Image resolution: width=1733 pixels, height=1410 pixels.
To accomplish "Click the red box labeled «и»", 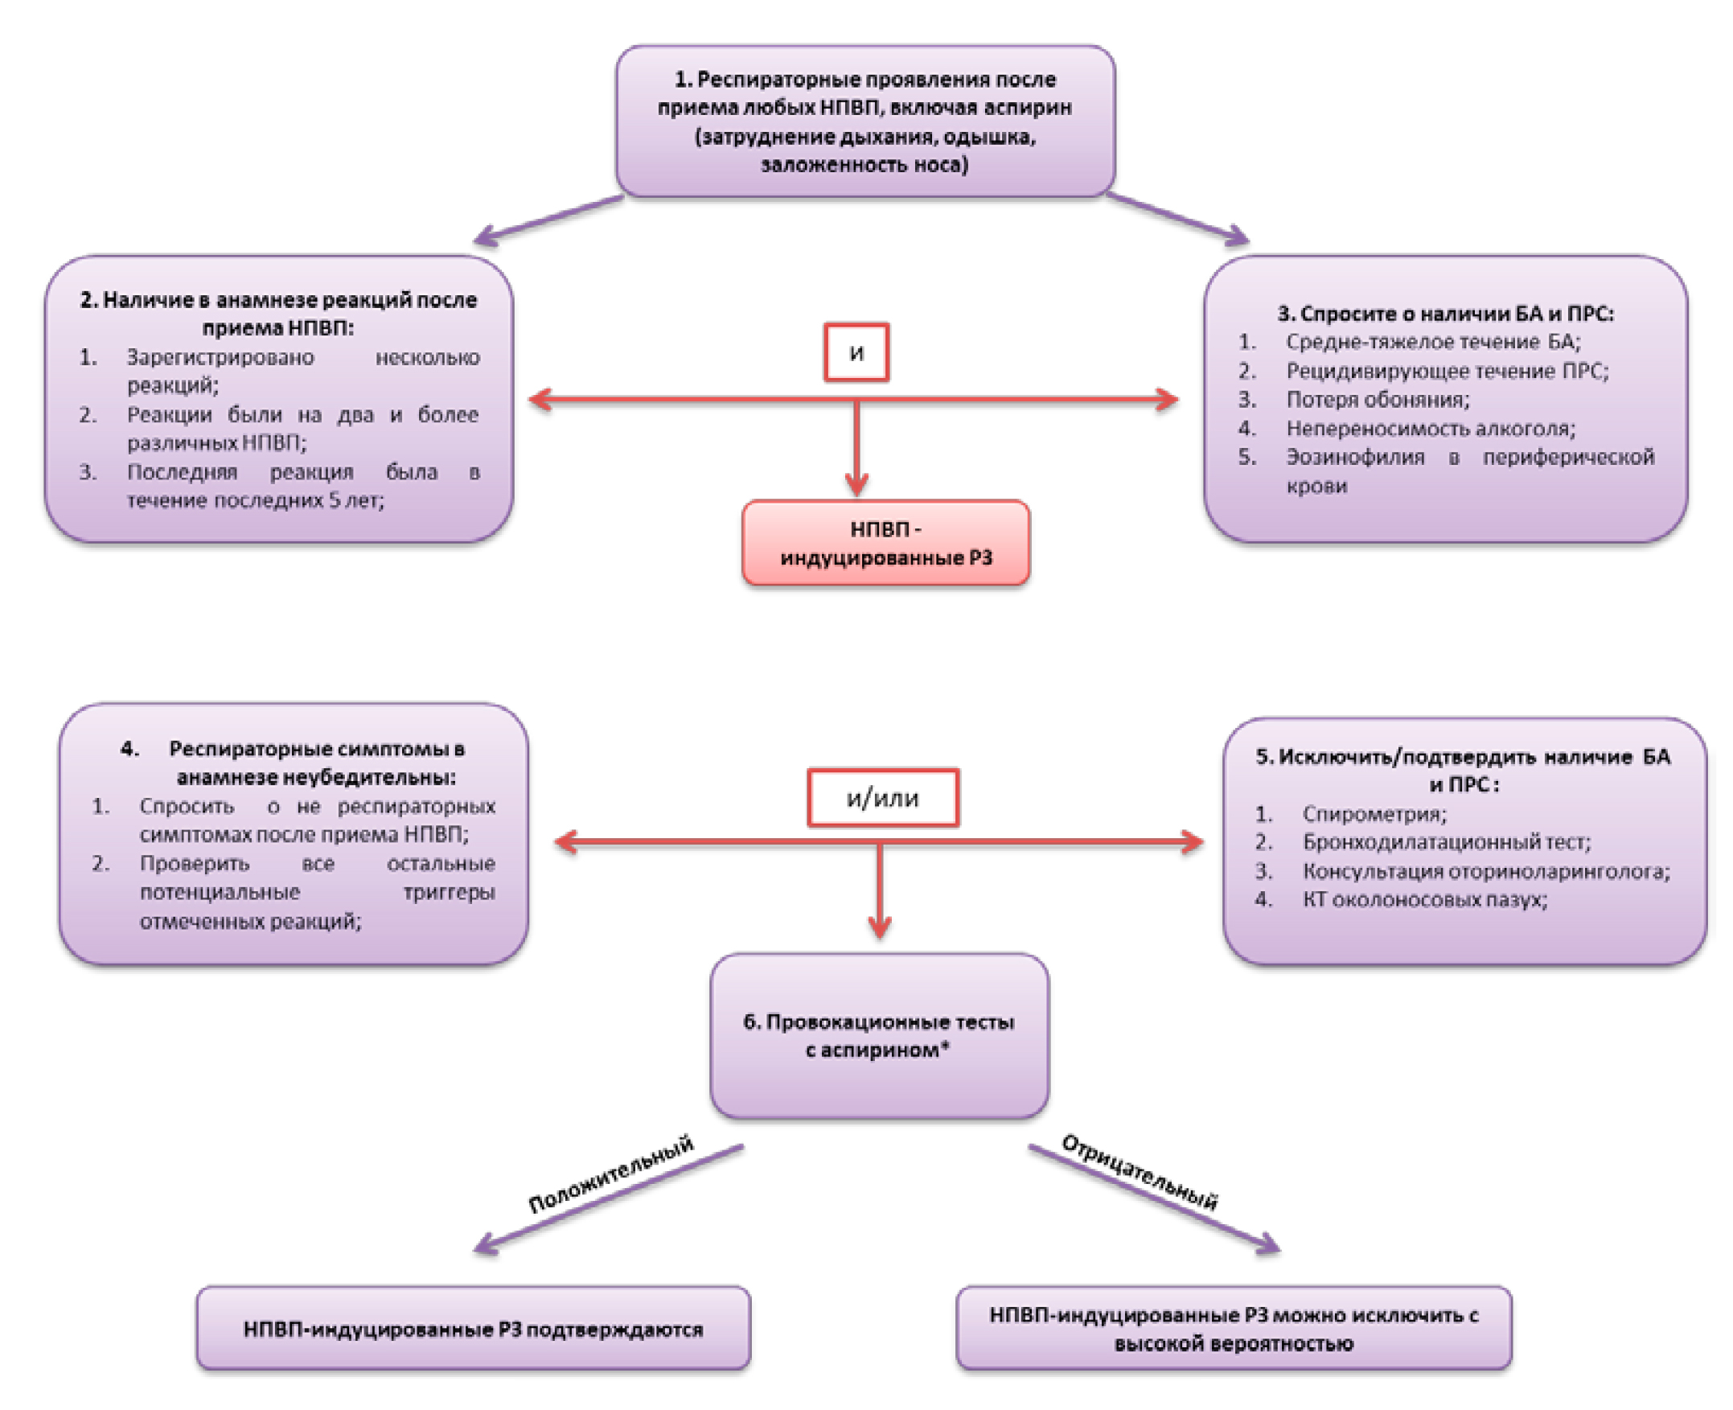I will (x=856, y=351).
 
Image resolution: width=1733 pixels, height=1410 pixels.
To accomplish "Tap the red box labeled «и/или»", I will (x=882, y=798).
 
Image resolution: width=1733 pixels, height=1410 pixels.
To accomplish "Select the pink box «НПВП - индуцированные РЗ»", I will (x=885, y=543).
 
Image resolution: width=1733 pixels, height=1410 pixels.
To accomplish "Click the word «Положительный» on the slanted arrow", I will (x=610, y=1174).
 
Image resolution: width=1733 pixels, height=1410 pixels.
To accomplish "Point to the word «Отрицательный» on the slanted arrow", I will (x=1140, y=1172).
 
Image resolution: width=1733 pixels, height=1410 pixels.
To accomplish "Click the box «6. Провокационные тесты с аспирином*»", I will (x=879, y=1035).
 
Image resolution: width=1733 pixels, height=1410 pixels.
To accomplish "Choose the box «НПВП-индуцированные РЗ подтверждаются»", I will (x=473, y=1329).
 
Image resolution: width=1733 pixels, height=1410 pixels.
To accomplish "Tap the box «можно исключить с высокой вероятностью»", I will (x=1233, y=1329).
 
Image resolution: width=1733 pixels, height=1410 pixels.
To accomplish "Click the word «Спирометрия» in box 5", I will (x=1374, y=813).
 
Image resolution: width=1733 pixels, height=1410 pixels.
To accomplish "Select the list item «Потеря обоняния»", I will (x=1378, y=400).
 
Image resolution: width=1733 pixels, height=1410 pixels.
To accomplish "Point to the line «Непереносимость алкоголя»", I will (x=1430, y=428).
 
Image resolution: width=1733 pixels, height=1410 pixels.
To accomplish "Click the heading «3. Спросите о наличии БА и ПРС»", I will (x=1445, y=314).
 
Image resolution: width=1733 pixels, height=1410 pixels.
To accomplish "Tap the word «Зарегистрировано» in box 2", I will (x=220, y=357).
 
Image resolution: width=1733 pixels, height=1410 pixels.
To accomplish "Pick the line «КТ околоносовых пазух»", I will (x=1424, y=899).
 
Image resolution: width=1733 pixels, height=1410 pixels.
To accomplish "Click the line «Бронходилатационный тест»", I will (x=1447, y=841).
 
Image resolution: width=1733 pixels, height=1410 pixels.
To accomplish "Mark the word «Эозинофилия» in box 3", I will (x=1354, y=458).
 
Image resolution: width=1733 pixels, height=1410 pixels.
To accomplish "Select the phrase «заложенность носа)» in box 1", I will (x=864, y=165).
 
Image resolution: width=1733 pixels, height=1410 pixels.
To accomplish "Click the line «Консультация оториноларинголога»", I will (x=1485, y=870).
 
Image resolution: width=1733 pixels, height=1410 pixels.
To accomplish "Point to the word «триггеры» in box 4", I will (x=448, y=892).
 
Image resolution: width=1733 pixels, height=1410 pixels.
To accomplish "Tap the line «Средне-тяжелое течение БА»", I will (x=1432, y=342).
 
